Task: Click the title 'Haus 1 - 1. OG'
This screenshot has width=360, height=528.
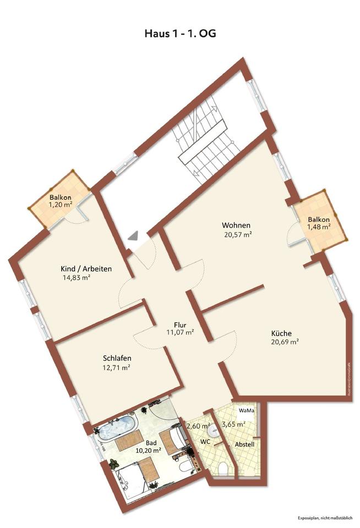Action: tap(180, 34)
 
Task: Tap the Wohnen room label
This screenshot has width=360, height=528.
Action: tap(236, 226)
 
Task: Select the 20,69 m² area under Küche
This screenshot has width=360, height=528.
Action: tap(285, 342)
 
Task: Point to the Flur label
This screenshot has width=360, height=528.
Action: tap(180, 324)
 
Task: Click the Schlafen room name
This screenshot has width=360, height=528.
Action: tap(117, 357)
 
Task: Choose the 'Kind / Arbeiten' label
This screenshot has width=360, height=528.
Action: tap(86, 269)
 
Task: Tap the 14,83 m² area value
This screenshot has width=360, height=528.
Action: tap(77, 278)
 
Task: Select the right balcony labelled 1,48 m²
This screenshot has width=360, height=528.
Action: tap(319, 222)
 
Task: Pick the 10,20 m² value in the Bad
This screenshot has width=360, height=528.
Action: tap(149, 450)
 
